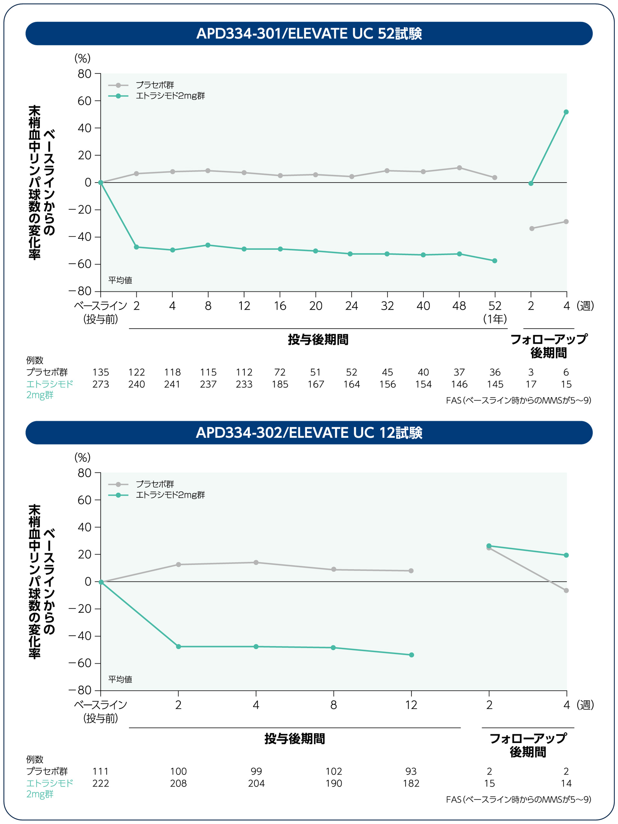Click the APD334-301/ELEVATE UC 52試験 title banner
point(309,33)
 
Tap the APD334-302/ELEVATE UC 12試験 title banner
point(309,433)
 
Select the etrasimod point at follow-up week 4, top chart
point(566,112)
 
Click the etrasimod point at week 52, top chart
point(494,261)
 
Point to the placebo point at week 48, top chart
point(459,168)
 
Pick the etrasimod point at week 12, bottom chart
point(411,655)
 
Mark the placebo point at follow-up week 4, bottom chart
point(566,590)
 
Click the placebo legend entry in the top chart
point(154,85)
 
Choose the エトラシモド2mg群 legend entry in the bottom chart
point(170,495)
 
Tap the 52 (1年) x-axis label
point(495,312)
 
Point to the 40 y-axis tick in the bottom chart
point(84,527)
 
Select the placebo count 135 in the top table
point(100,372)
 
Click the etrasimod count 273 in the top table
point(100,384)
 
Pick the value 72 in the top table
point(280,372)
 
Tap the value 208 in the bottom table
point(178,783)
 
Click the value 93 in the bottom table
point(411,772)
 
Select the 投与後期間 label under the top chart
point(318,340)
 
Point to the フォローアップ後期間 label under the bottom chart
point(528,745)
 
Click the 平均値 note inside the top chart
point(120,280)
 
